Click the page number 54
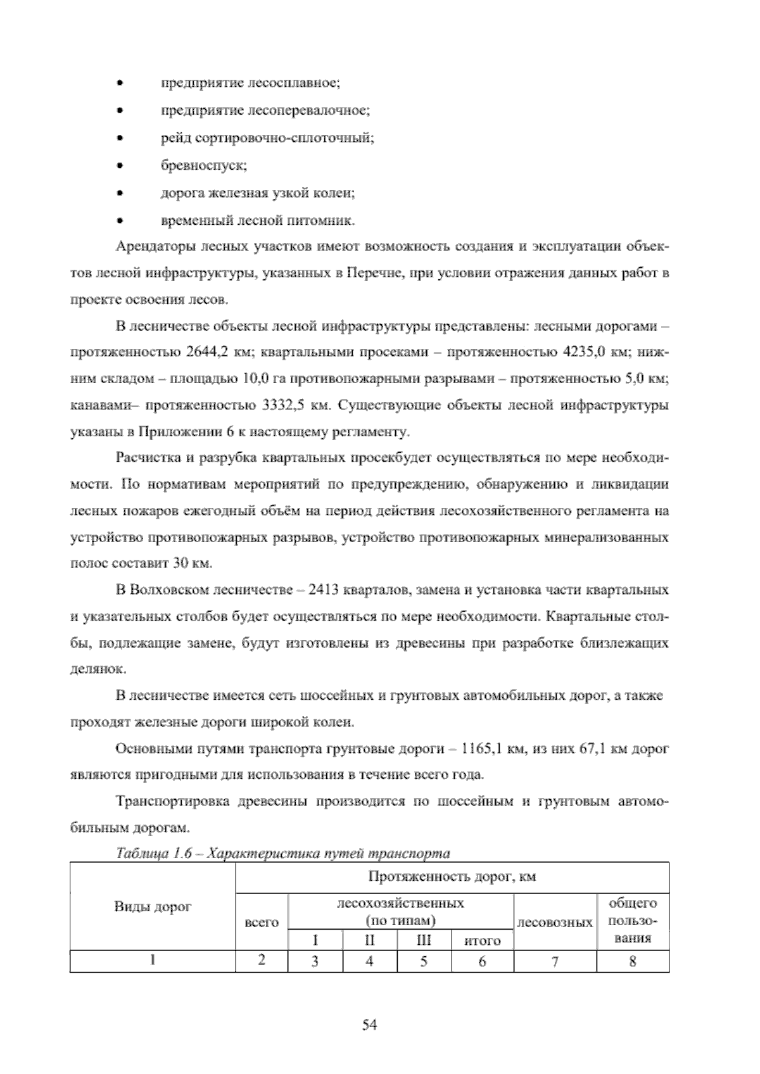[369, 1025]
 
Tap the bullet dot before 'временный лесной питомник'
[119, 222]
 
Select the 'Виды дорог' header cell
[152, 906]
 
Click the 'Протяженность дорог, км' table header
[452, 877]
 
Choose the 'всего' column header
[261, 923]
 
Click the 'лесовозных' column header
[555, 923]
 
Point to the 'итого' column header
[482, 940]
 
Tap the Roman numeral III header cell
[424, 940]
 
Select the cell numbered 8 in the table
[632, 961]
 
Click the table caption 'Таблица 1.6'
[154, 854]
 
